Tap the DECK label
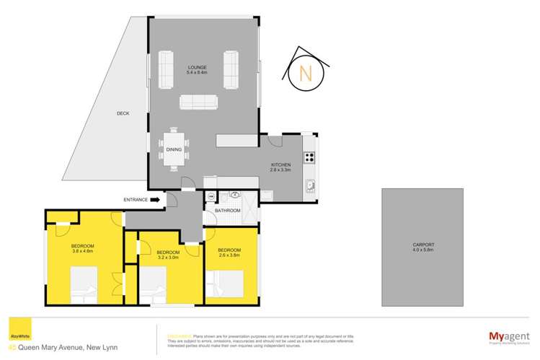click(123, 113)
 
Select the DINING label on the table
click(174, 149)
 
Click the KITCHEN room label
click(280, 165)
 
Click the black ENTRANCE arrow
click(156, 200)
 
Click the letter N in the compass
click(305, 73)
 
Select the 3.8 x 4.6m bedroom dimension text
click(83, 252)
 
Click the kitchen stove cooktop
click(309, 157)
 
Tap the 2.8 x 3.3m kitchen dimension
click(280, 171)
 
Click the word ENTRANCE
click(136, 200)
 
